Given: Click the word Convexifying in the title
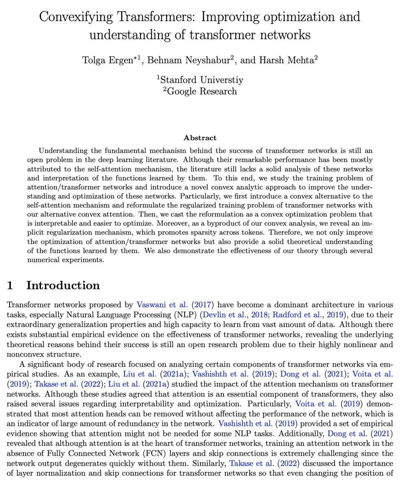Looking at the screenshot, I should coord(76,17).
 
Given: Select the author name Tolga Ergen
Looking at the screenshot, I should coord(108,60).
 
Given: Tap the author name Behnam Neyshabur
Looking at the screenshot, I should coord(189,60).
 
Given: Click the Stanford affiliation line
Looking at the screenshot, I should coord(200,80).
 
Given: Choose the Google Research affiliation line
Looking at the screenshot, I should coord(200,91).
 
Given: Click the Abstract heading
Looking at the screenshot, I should coord(200,138).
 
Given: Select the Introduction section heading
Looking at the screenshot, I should coord(63,285).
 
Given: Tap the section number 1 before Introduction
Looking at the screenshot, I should coord(10,285).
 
